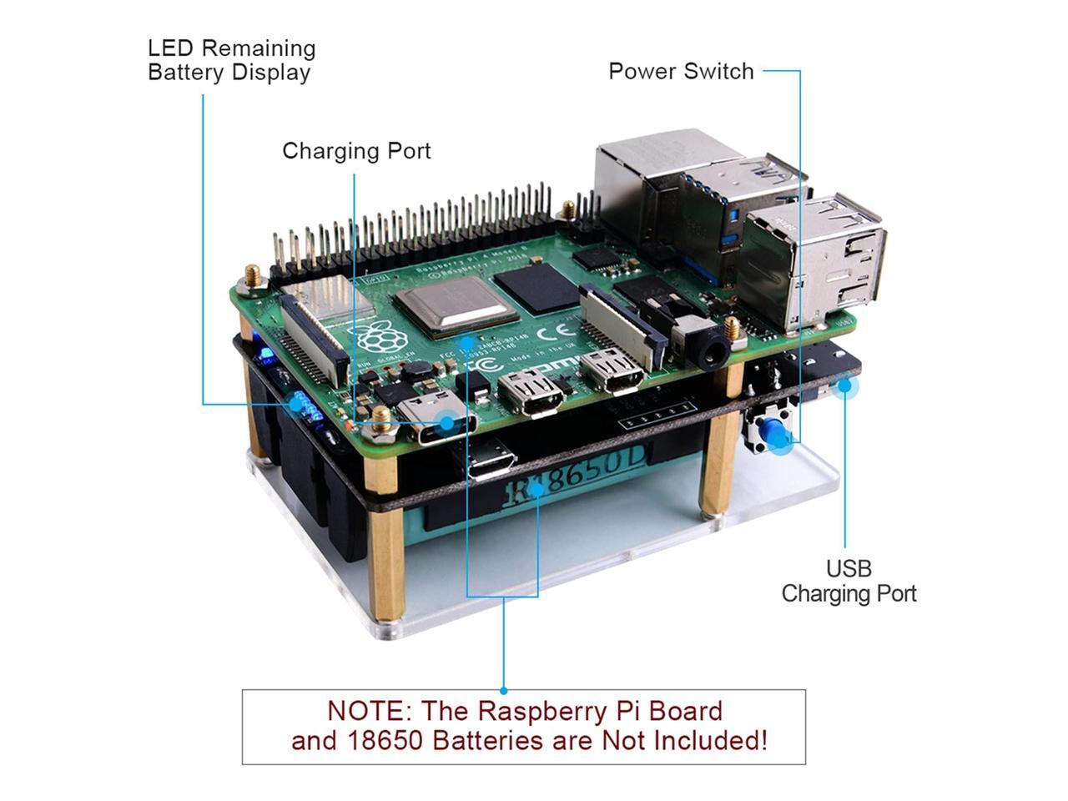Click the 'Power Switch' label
(681, 72)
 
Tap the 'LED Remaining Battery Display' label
(231, 60)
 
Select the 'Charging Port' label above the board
(356, 151)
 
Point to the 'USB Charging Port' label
(849, 582)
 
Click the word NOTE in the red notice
(365, 712)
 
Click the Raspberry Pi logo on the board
(380, 335)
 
